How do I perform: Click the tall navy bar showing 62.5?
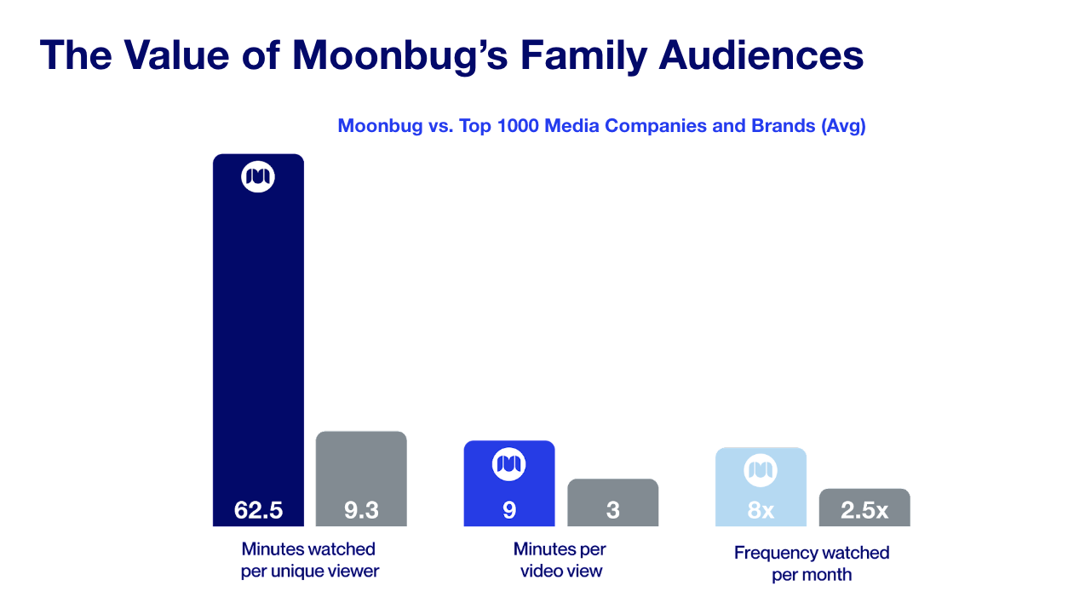pyautogui.click(x=258, y=341)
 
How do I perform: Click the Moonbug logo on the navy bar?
pyautogui.click(x=258, y=176)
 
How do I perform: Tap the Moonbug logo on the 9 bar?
pyautogui.click(x=509, y=464)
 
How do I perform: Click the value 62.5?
pyautogui.click(x=258, y=510)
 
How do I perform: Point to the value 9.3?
pyautogui.click(x=361, y=510)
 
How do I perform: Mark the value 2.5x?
pyautogui.click(x=864, y=510)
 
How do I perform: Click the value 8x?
pyautogui.click(x=761, y=510)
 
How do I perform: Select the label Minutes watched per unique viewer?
pyautogui.click(x=309, y=560)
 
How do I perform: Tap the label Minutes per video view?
pyautogui.click(x=560, y=560)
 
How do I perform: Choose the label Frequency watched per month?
pyautogui.click(x=812, y=563)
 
